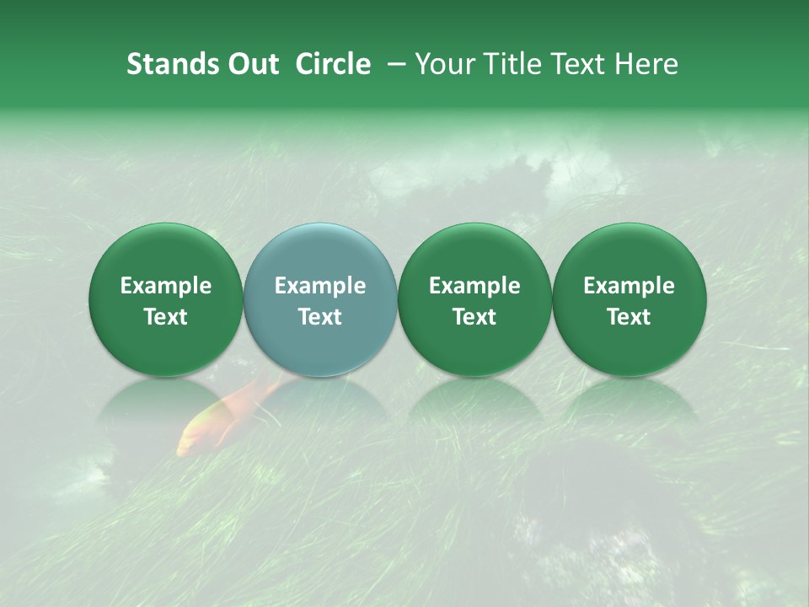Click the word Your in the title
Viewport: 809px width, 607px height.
coord(445,64)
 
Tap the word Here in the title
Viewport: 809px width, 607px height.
coord(645,64)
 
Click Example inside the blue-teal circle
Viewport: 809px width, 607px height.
coord(320,287)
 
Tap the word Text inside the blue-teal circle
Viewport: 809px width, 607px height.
coord(320,317)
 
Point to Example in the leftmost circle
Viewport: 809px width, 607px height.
coord(166,287)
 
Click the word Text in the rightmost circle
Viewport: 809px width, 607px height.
coord(629,317)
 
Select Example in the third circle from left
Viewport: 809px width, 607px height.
coord(474,287)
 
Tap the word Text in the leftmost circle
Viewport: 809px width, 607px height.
coord(166,317)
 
